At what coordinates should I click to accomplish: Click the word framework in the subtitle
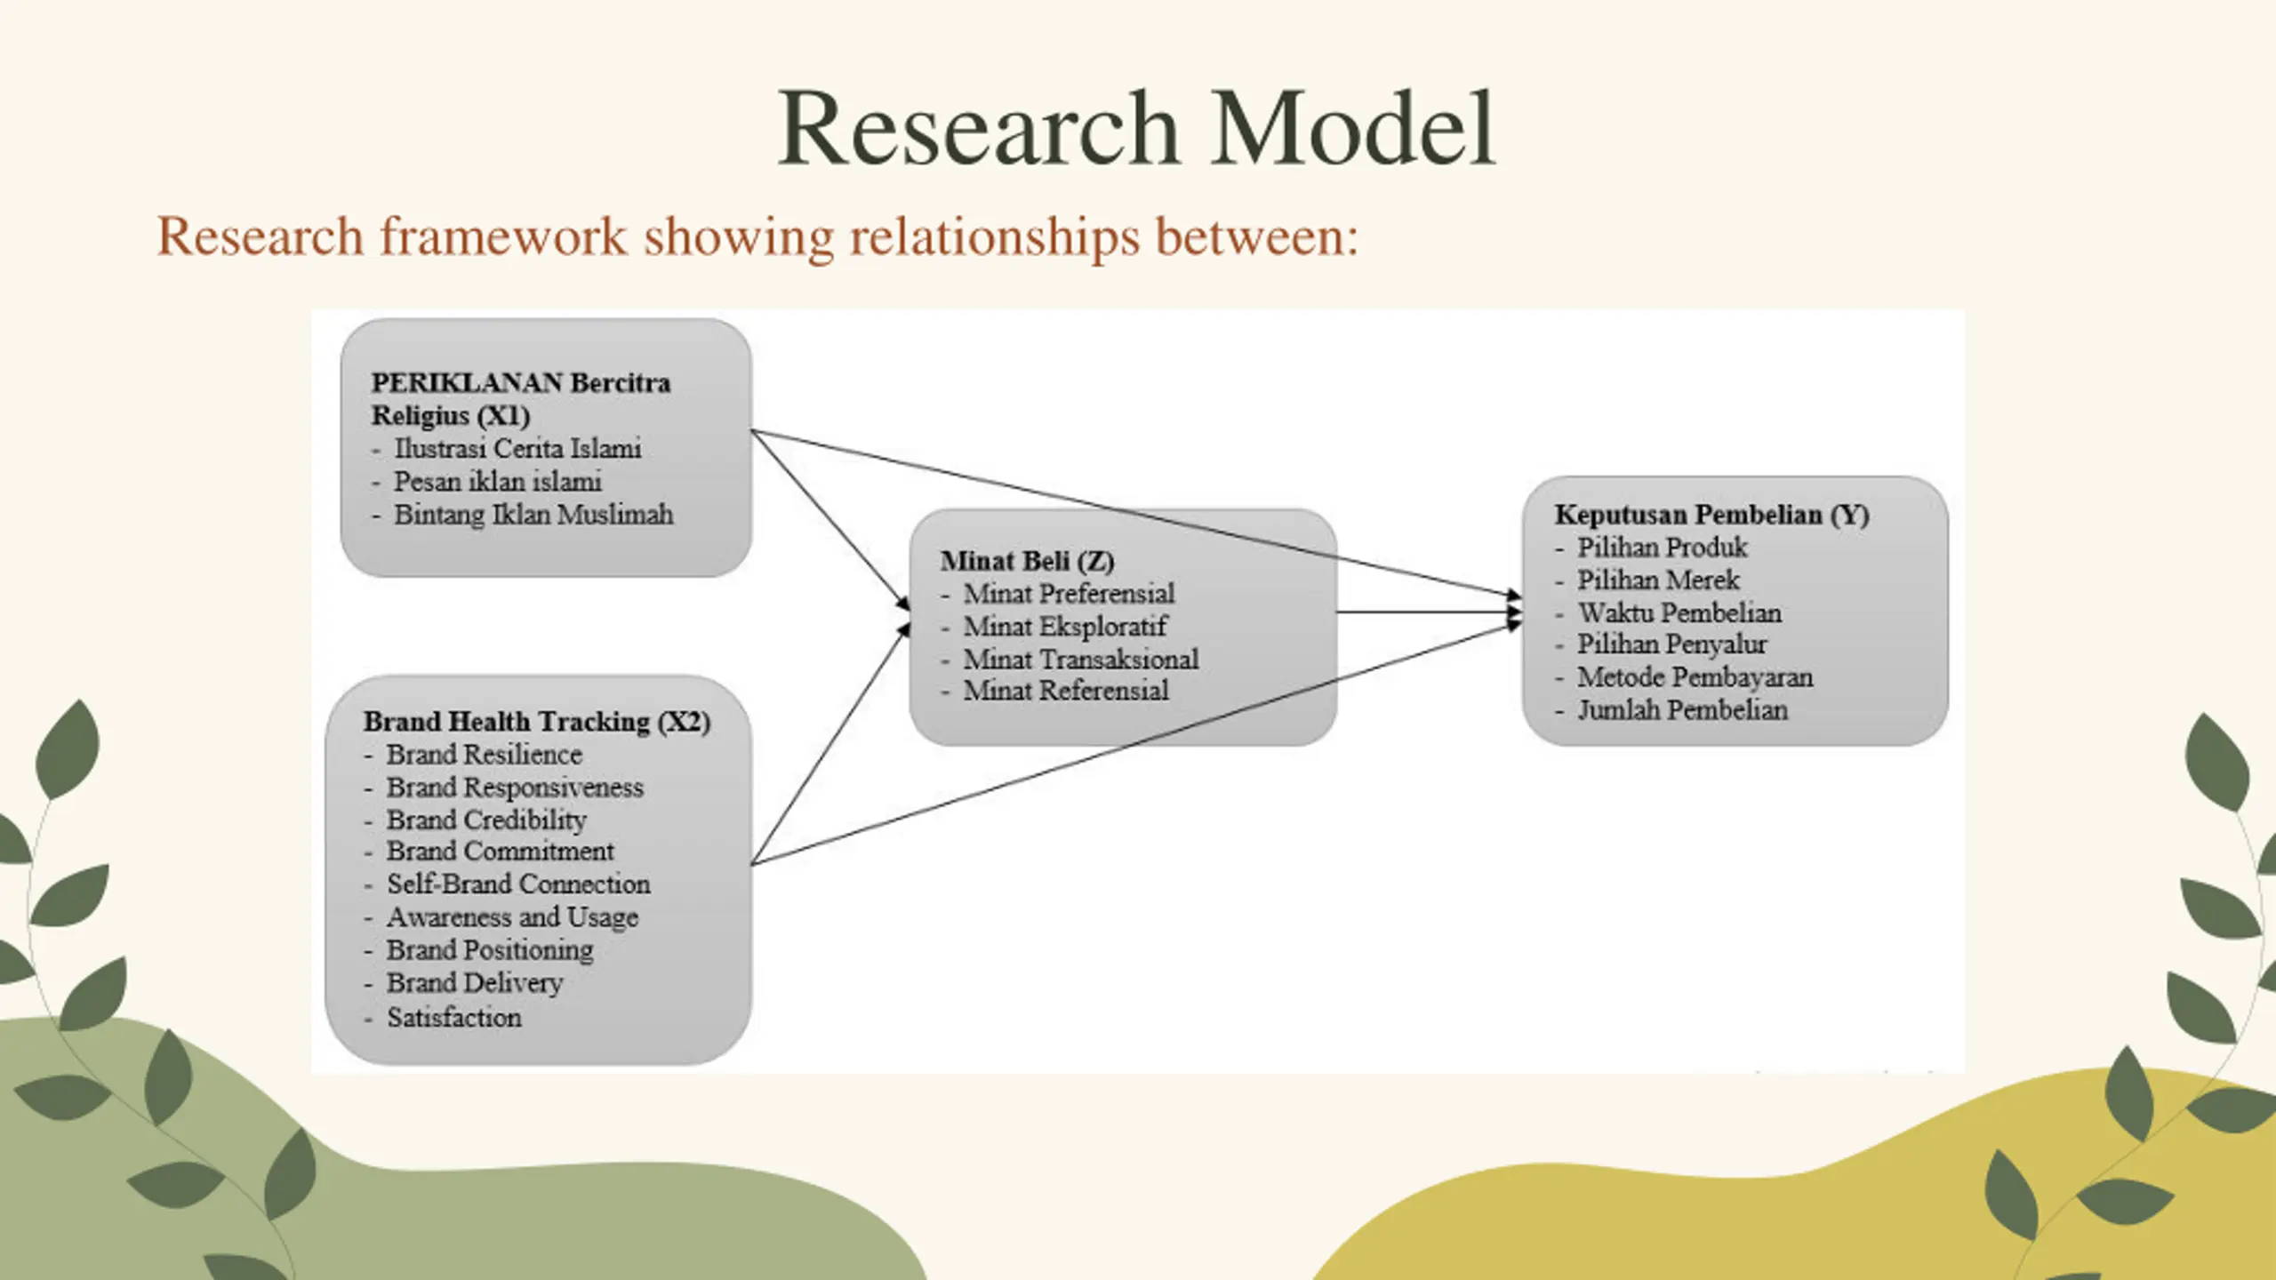coord(503,237)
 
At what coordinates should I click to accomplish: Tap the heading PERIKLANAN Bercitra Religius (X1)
coord(520,399)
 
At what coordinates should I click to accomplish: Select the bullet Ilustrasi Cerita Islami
coord(517,448)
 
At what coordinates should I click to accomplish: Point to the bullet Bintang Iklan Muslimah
coord(533,515)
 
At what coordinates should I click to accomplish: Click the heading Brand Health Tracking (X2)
coord(536,722)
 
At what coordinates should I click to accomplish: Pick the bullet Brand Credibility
coord(486,820)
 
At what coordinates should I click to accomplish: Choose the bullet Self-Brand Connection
coord(518,884)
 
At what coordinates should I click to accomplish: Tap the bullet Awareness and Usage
coord(512,917)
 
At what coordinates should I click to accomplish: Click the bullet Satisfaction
coord(453,1018)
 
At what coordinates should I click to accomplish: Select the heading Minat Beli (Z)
coord(1027,561)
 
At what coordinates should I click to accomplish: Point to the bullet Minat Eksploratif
coord(1065,627)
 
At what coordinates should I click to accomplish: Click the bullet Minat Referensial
coord(1066,691)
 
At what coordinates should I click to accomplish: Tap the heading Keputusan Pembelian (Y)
coord(1711,515)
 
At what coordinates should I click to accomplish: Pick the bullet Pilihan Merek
coord(1658,580)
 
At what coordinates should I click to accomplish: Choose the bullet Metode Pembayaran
coord(1695,677)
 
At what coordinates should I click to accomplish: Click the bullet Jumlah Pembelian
coord(1682,710)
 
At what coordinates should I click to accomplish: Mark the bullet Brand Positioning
coord(490,950)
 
